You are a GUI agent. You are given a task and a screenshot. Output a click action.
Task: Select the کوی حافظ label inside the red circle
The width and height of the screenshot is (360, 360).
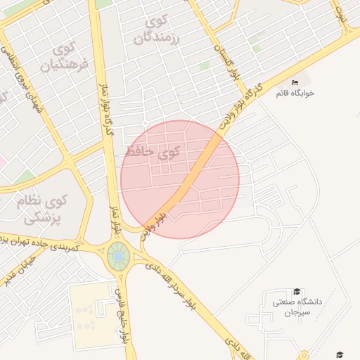[153, 150]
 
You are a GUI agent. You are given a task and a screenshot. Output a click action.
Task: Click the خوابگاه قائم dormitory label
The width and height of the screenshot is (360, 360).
[295, 93]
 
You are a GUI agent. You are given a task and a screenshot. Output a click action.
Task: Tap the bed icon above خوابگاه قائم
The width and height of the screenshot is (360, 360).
[295, 82]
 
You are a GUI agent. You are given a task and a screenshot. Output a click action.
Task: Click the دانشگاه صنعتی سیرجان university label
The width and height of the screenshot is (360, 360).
[297, 306]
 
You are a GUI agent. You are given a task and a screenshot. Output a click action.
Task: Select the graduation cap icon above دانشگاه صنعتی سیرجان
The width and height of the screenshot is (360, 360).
[297, 291]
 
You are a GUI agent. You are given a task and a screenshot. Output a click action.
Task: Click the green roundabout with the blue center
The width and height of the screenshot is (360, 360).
[117, 258]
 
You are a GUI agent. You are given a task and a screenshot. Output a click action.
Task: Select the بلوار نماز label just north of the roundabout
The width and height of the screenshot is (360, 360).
[115, 219]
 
